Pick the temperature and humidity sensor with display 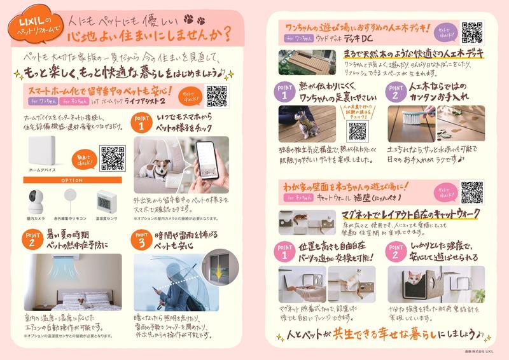tap(104, 203)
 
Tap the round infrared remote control tap(70, 198)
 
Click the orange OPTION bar tap(70, 179)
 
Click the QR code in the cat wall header tap(472, 191)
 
